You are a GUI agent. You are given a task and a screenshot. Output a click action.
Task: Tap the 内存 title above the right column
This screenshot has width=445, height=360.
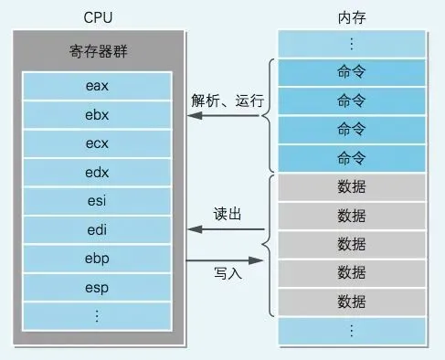coord(352,15)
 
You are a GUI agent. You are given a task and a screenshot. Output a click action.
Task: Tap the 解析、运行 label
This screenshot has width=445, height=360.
coord(227,100)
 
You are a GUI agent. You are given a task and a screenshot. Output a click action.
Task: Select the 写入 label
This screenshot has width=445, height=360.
coord(227,272)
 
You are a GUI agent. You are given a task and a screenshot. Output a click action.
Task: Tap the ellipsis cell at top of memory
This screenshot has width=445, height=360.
coord(352,43)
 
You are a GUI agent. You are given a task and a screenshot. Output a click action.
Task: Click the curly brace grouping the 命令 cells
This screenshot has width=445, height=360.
coord(270,114)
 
